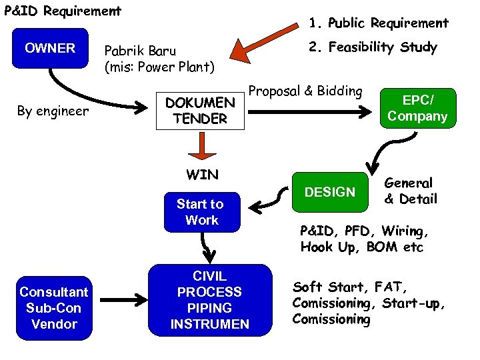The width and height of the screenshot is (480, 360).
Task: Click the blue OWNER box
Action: pyautogui.click(x=50, y=48)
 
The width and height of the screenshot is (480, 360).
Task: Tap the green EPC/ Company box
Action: pyautogui.click(x=417, y=109)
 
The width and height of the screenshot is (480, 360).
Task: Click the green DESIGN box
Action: pyautogui.click(x=330, y=192)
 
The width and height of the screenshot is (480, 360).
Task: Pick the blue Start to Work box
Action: pyautogui.click(x=202, y=211)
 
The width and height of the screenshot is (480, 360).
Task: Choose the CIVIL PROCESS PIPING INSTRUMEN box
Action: pyautogui.click(x=210, y=300)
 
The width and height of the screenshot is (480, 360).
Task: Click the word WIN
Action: pyautogui.click(x=202, y=175)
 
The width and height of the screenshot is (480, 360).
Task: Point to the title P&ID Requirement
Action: pyautogui.click(x=61, y=11)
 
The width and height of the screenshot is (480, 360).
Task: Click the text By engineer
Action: pyautogui.click(x=53, y=111)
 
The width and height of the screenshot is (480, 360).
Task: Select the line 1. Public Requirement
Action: pyautogui.click(x=378, y=23)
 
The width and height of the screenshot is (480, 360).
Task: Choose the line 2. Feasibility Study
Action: pyautogui.click(x=372, y=47)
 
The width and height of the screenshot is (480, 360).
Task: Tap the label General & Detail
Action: pyautogui.click(x=410, y=191)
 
